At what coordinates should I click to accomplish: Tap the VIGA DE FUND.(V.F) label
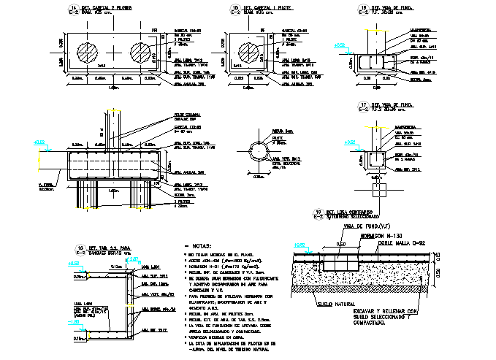[x=377, y=228]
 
